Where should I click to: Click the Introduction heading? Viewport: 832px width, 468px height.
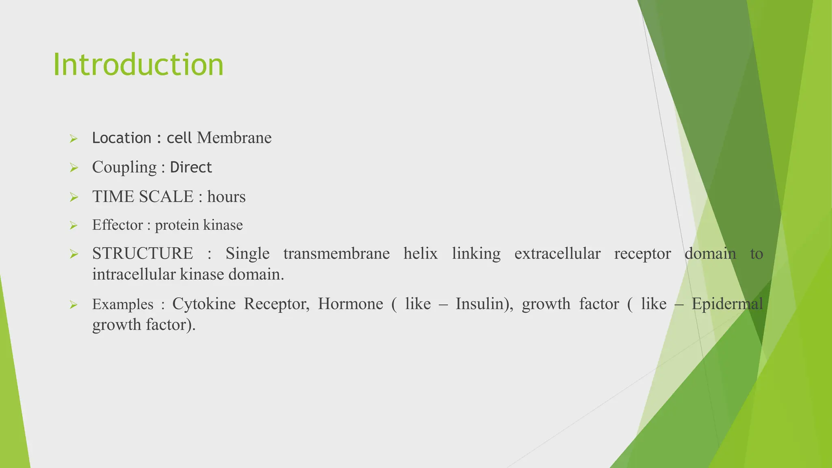point(138,65)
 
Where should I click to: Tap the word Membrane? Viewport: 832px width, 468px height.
point(234,138)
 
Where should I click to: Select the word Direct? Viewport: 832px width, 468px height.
point(191,167)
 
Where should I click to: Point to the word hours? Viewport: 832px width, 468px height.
point(226,197)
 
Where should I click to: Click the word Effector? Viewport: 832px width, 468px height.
point(117,225)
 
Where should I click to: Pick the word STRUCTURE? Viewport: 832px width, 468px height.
point(143,254)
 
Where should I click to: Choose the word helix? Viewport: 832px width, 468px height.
point(420,254)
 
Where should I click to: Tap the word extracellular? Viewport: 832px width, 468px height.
point(557,254)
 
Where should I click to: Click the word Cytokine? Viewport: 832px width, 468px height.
point(204,304)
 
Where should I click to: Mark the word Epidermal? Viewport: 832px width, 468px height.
point(727,304)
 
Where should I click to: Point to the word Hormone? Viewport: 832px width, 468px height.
point(350,304)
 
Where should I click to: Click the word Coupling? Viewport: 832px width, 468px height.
point(124,167)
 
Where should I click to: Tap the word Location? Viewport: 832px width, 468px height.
point(121,138)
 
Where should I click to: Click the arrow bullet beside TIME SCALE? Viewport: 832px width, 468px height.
point(74,197)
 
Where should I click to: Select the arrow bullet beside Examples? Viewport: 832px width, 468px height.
point(74,305)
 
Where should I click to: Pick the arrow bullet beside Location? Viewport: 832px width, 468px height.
point(74,139)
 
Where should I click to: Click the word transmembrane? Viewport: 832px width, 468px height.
point(336,254)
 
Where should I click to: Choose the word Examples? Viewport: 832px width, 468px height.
point(123,305)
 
